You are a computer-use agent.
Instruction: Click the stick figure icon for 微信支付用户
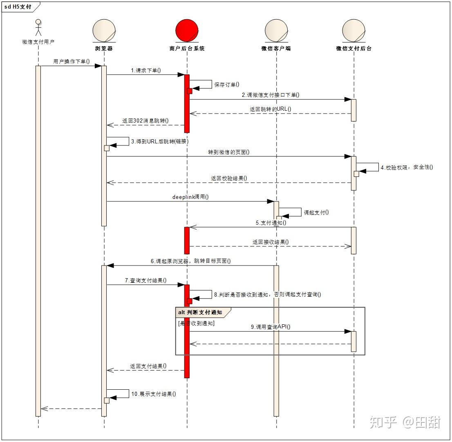[38, 28]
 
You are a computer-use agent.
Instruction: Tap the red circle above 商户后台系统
[187, 31]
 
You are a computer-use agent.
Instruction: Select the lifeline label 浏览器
[104, 48]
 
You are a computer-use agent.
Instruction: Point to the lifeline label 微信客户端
[276, 48]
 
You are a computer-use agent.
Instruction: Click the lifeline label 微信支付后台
[354, 48]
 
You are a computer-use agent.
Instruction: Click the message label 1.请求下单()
[146, 70]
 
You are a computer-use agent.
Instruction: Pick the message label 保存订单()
[226, 85]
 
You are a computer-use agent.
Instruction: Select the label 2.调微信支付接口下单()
[270, 95]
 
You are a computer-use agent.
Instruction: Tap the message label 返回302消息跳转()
[145, 121]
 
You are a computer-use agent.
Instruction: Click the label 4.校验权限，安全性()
[407, 167]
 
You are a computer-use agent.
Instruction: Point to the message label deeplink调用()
[190, 197]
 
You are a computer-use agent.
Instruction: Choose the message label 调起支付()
[316, 212]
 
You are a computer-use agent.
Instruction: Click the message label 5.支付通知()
[271, 223]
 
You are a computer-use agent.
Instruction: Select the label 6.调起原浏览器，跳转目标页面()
[190, 261]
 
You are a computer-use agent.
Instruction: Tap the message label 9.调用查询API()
[271, 327]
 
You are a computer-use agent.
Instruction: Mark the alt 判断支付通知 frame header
[200, 313]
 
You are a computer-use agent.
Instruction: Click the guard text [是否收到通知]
[196, 323]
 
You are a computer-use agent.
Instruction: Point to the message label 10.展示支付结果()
[153, 394]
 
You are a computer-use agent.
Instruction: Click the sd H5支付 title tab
[18, 7]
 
